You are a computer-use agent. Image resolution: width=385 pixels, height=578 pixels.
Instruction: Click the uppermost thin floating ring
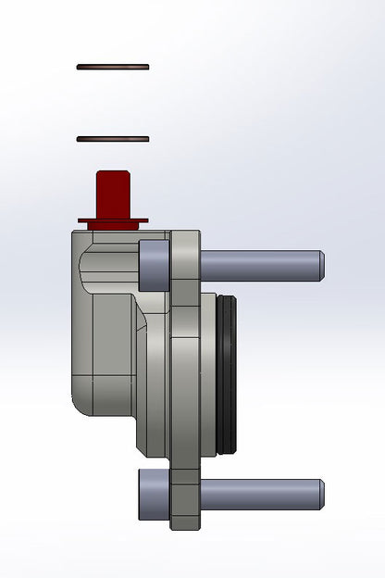coord(113,67)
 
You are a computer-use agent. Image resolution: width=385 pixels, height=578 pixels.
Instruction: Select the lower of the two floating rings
coord(113,139)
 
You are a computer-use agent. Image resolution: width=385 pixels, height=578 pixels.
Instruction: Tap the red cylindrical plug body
coord(113,195)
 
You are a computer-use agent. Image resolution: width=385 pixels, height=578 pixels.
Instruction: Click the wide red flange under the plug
coord(113,221)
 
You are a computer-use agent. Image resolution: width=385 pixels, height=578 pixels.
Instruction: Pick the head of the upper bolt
coord(153,265)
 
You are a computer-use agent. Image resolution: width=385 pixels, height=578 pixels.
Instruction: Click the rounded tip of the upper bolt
coord(319,265)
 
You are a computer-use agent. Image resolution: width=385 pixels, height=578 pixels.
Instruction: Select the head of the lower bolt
coord(153,492)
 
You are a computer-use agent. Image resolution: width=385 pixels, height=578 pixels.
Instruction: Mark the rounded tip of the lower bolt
coord(319,492)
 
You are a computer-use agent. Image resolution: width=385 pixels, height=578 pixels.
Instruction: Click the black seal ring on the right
coord(229,375)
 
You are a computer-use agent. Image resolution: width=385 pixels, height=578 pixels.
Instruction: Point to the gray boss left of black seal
coord(208,375)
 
